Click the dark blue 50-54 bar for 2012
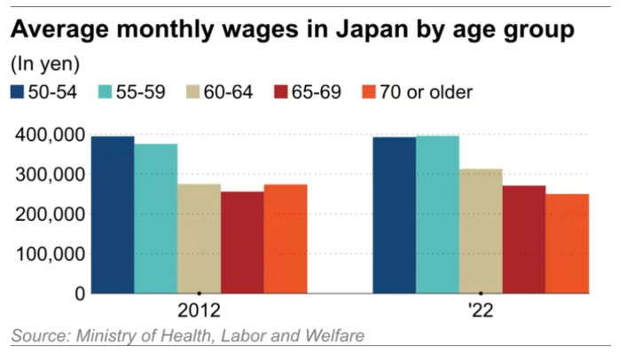click(x=113, y=215)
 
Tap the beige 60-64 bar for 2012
click(x=199, y=239)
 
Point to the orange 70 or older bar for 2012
click(x=286, y=239)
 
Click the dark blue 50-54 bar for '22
click(x=394, y=215)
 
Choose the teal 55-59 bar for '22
click(x=437, y=215)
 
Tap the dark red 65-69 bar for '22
click(x=524, y=239)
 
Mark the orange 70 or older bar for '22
click(x=567, y=243)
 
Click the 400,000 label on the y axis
click(x=49, y=135)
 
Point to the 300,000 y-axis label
click(x=49, y=175)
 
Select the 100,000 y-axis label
click(x=49, y=254)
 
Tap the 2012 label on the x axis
click(x=199, y=312)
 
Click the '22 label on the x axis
click(x=481, y=312)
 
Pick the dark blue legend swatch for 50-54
click(x=18, y=91)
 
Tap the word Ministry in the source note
click(x=110, y=336)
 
